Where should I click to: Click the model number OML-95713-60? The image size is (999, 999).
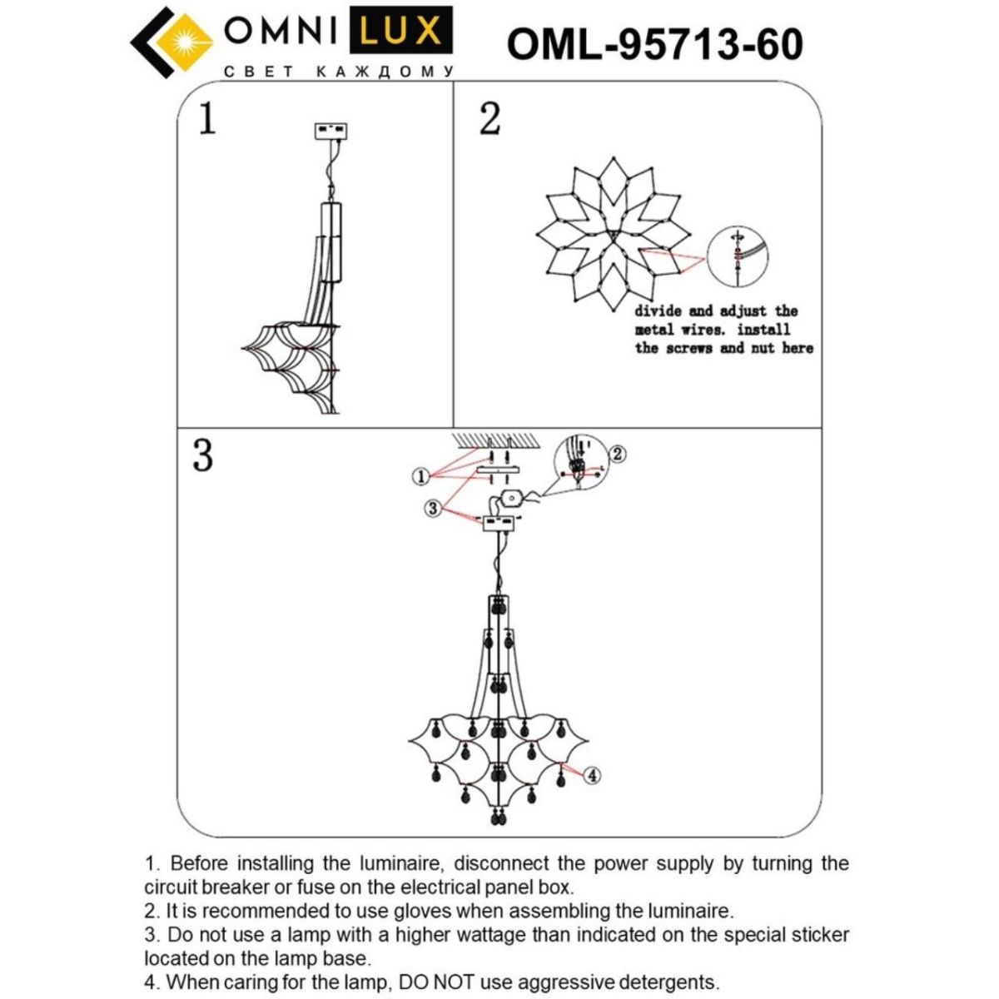(x=654, y=44)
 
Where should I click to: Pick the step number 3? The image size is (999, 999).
(x=202, y=455)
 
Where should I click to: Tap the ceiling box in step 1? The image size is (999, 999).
(x=331, y=132)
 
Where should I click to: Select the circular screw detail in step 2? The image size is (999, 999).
(x=737, y=256)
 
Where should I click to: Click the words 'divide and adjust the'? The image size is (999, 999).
(x=716, y=311)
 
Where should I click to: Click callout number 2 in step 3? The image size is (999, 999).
(x=617, y=454)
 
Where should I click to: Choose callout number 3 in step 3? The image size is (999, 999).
(x=432, y=508)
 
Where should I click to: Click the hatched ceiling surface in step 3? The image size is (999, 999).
(x=499, y=439)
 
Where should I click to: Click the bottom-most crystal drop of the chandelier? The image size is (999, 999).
(x=498, y=818)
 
